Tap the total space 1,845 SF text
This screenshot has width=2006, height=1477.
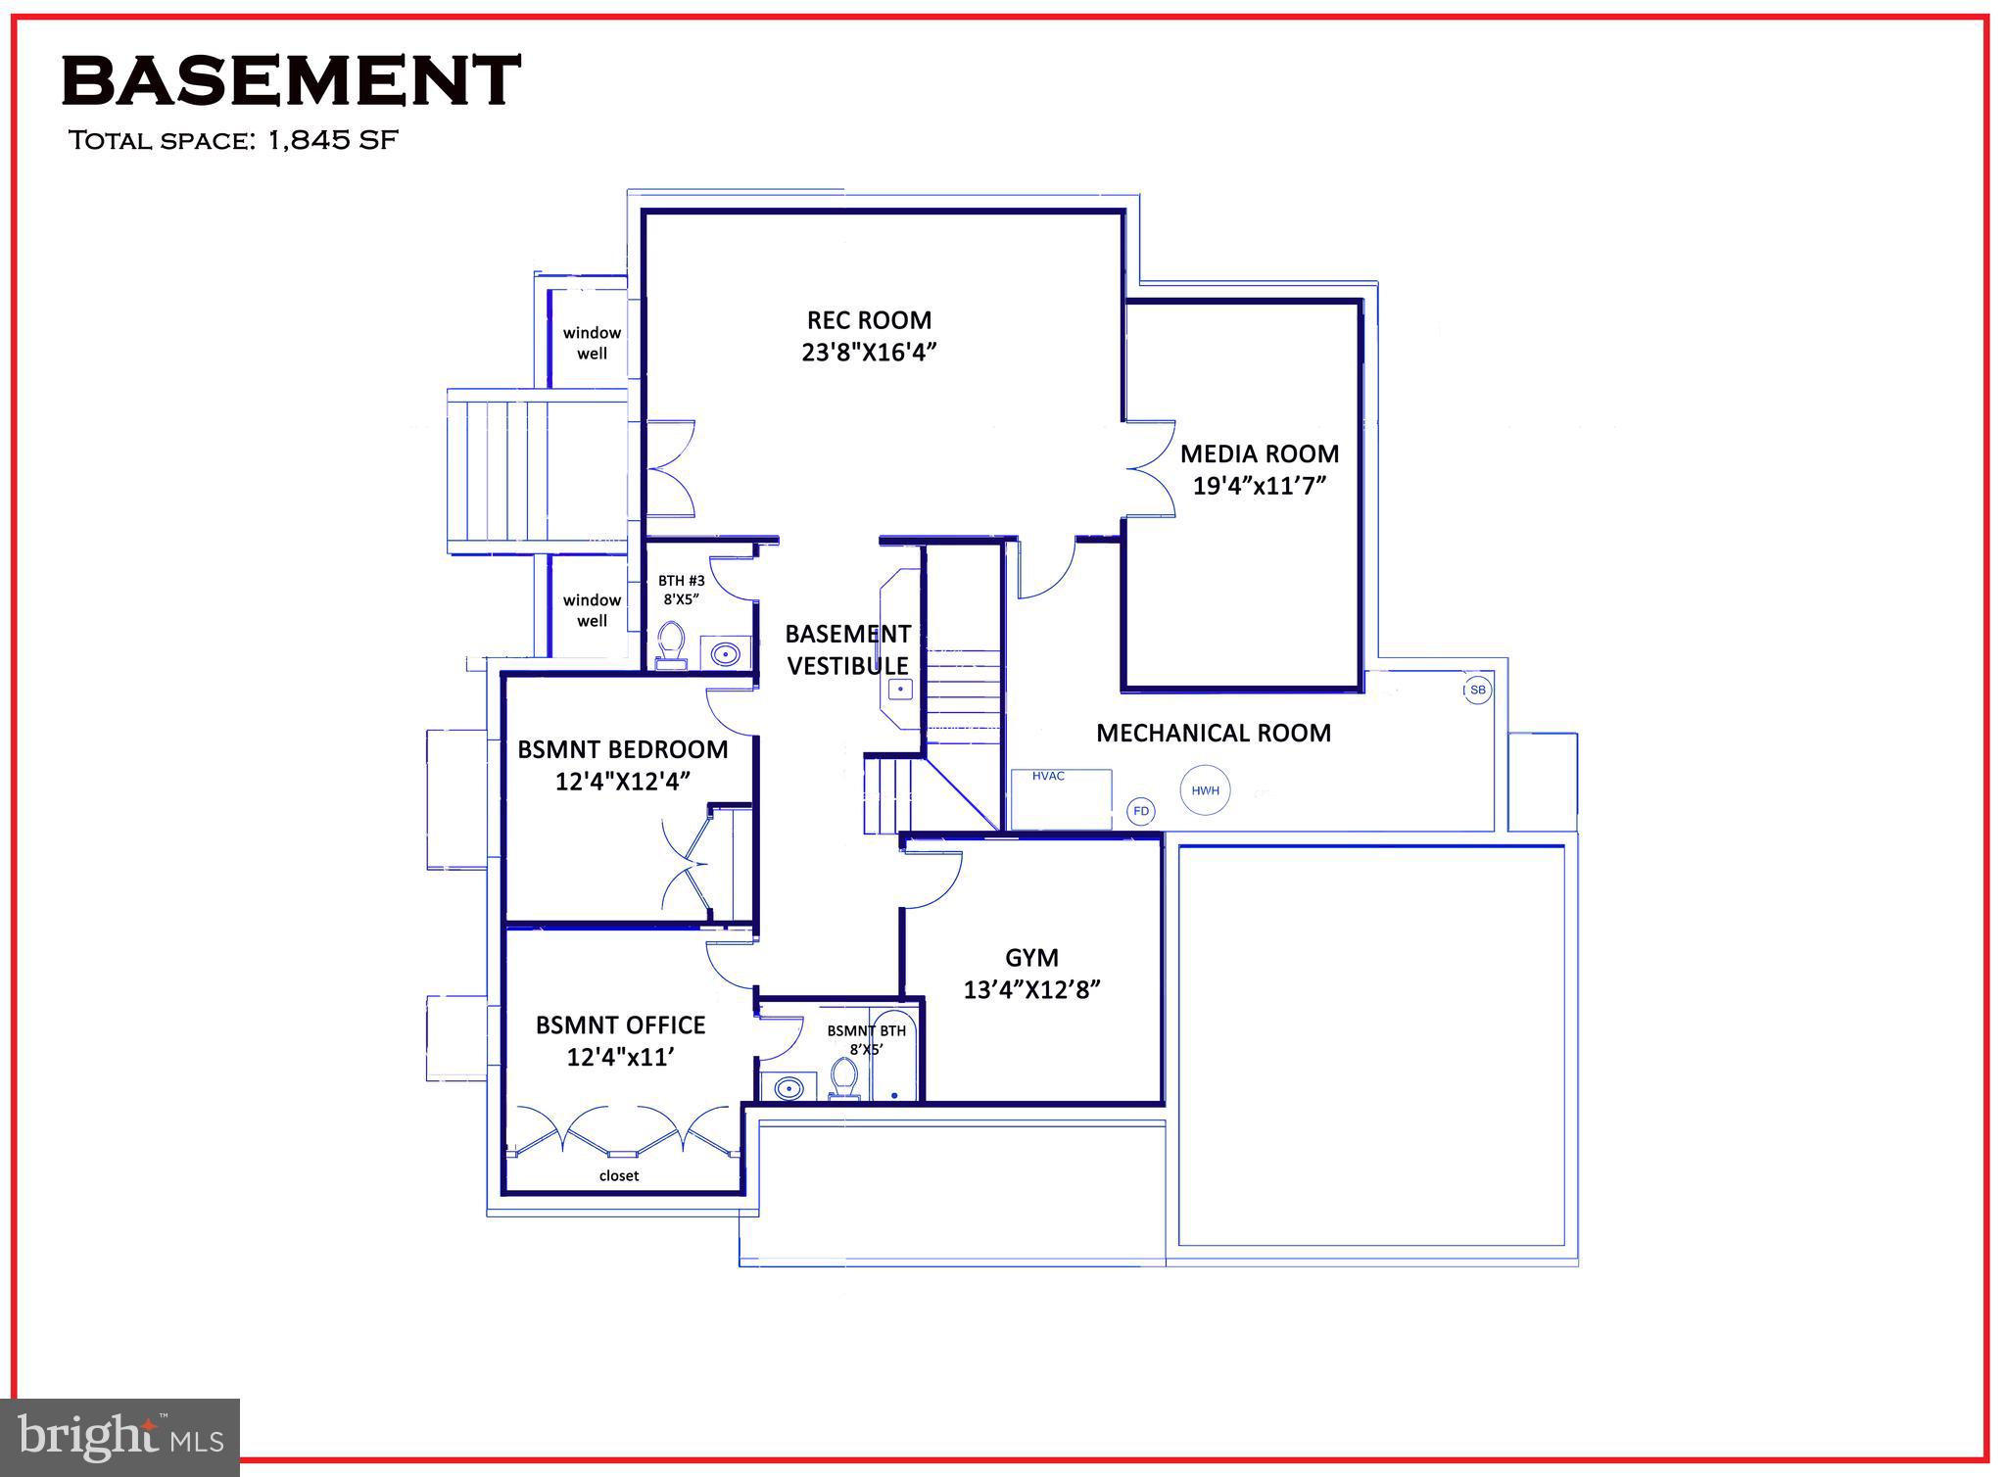coord(233,140)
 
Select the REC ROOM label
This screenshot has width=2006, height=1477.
coord(869,320)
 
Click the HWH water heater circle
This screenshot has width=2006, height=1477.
coord(1205,790)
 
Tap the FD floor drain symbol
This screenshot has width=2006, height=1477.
coord(1140,811)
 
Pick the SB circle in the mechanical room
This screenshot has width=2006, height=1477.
coord(1477,690)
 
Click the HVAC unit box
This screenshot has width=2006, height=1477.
coord(1062,799)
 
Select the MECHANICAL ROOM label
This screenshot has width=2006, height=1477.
coord(1213,733)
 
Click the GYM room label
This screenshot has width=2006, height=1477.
coord(1031,957)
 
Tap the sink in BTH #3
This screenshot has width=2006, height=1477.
coord(725,653)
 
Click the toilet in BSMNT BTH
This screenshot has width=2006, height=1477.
coord(842,1080)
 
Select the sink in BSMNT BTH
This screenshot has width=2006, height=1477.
coord(788,1087)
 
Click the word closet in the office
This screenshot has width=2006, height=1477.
coord(619,1175)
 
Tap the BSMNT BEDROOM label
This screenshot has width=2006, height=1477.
coord(623,749)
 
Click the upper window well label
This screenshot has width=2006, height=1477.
coord(592,343)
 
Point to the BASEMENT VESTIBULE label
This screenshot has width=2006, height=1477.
coord(848,649)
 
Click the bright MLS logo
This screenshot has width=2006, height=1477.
coord(119,1437)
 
